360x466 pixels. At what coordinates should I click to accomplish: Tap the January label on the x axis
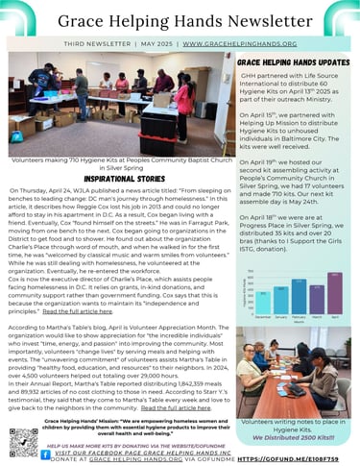(278, 314)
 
